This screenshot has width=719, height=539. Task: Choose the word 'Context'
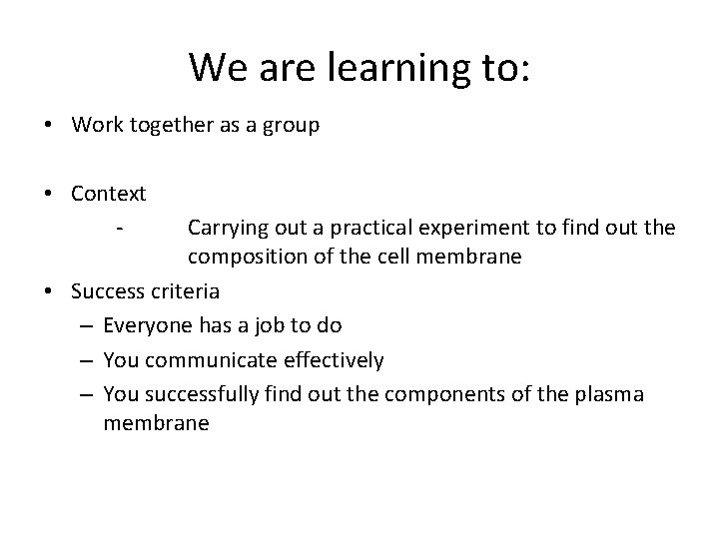pyautogui.click(x=109, y=193)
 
